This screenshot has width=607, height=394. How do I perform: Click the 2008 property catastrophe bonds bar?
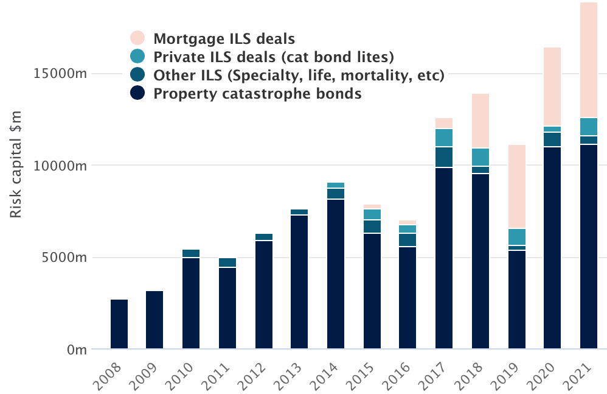pyautogui.click(x=119, y=324)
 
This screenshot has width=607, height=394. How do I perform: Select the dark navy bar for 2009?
pyautogui.click(x=154, y=320)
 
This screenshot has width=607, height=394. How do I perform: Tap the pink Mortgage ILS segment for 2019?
pyautogui.click(x=516, y=186)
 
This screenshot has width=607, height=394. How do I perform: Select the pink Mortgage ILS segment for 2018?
pyautogui.click(x=480, y=121)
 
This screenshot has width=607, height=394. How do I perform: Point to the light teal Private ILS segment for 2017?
pyautogui.click(x=444, y=138)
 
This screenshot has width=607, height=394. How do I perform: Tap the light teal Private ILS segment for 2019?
pyautogui.click(x=516, y=237)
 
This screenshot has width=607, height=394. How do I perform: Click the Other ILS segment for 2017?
pyautogui.click(x=444, y=157)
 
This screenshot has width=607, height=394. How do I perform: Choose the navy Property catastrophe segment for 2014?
pyautogui.click(x=336, y=274)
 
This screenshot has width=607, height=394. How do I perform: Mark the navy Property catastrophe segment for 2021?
pyautogui.click(x=589, y=247)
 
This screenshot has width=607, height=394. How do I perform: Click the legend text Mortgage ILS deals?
pyautogui.click(x=224, y=39)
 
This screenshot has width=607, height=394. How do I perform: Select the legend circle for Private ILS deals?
pyautogui.click(x=138, y=57)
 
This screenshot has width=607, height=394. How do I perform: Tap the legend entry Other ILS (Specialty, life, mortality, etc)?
pyautogui.click(x=299, y=76)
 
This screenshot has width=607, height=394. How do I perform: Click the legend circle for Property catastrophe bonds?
pyautogui.click(x=138, y=94)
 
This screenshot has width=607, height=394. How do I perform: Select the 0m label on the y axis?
pyautogui.click(x=76, y=350)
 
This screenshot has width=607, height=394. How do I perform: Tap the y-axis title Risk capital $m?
pyautogui.click(x=16, y=163)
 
